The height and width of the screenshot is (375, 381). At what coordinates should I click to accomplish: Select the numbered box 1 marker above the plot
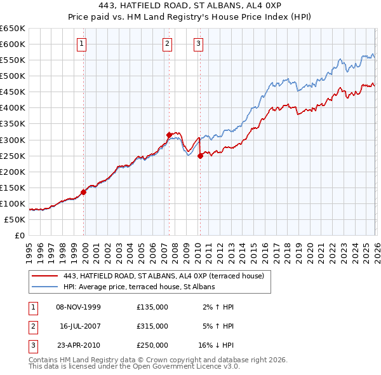tap(83, 44)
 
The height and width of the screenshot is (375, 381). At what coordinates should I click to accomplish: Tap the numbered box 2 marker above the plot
tap(167, 44)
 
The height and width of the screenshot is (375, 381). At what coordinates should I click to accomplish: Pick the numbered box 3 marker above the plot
tap(198, 44)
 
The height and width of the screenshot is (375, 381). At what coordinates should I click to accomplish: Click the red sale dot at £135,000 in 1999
tap(84, 192)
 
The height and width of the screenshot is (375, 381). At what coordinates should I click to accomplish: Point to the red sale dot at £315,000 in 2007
tap(170, 135)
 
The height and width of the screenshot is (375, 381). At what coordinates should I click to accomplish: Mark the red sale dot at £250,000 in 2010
tap(200, 156)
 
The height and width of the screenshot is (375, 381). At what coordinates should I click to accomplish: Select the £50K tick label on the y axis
tap(15, 219)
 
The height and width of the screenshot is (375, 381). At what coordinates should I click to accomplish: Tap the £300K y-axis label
tap(13, 140)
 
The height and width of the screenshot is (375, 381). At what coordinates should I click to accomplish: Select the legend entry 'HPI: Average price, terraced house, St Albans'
tap(140, 287)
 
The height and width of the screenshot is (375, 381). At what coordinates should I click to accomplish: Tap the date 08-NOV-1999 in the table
tap(78, 307)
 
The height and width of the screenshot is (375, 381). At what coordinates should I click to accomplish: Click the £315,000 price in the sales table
tap(152, 326)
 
